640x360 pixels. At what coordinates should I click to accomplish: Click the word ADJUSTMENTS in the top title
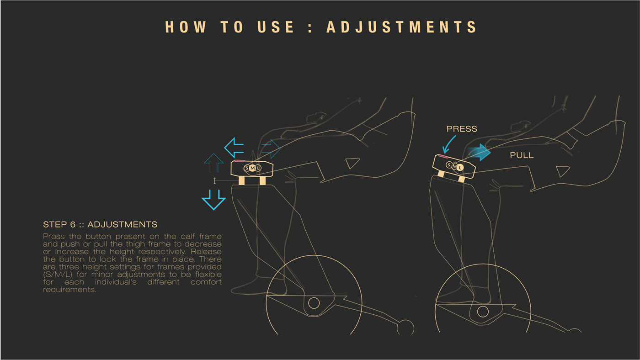click(402, 27)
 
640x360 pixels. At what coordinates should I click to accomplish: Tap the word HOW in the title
click(186, 27)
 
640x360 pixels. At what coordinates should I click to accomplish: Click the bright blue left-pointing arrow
click(234, 148)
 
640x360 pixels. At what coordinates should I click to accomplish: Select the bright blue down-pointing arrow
click(213, 199)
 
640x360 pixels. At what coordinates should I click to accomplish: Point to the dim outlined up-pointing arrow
click(213, 162)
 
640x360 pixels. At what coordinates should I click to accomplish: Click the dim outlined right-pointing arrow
click(271, 148)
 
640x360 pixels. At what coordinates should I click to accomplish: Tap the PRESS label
click(462, 129)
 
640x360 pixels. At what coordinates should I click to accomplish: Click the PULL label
click(522, 155)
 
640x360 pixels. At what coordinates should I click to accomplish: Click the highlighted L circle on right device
click(460, 168)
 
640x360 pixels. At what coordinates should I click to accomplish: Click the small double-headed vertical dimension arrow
click(214, 181)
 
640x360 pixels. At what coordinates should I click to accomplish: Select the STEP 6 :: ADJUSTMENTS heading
click(100, 224)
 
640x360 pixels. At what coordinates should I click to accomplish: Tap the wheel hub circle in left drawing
click(314, 302)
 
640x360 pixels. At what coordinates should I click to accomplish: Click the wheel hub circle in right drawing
click(483, 312)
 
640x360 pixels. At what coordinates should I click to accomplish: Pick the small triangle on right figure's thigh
click(562, 172)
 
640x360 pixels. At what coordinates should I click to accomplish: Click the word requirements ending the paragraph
click(69, 290)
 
